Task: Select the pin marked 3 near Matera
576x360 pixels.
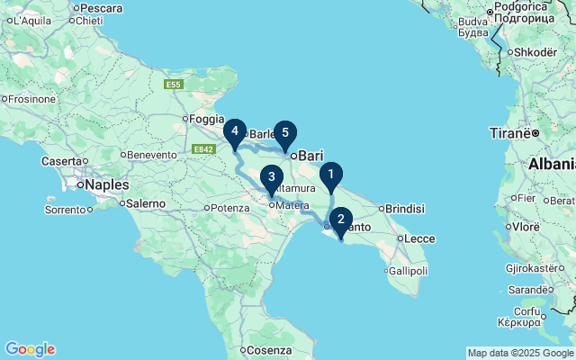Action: (x=271, y=177)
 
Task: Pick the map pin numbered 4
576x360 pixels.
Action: (x=235, y=132)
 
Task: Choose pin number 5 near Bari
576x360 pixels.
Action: (x=285, y=133)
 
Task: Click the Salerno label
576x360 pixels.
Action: (x=145, y=203)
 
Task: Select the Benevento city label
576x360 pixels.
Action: (x=152, y=155)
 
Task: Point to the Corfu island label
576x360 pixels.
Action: (x=527, y=310)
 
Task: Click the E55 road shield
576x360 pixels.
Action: (x=175, y=85)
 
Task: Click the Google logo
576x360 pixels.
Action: (x=30, y=349)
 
